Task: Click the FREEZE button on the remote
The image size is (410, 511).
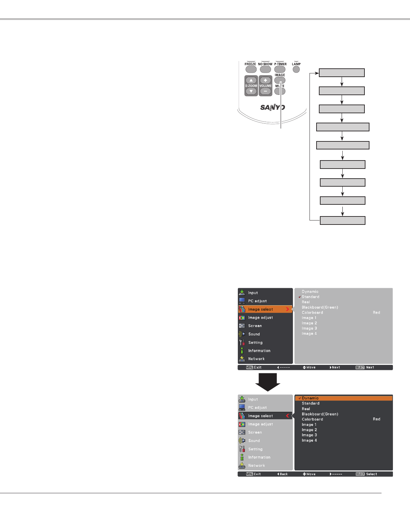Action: point(251,69)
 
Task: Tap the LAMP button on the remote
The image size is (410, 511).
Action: point(296,69)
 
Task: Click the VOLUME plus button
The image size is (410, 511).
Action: point(265,80)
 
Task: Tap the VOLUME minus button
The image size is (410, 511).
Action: point(265,91)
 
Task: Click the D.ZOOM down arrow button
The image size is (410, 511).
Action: point(251,91)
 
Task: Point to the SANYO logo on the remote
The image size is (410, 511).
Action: point(273,108)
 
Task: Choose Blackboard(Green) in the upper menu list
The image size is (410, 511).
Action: point(320,307)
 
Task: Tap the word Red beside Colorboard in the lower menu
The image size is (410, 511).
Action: point(377,419)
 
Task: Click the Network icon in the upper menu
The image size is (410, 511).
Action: point(242,359)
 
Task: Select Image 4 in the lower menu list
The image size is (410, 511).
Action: point(309,440)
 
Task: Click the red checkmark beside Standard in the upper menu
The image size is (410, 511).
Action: point(299,297)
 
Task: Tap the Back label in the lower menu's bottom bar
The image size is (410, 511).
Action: point(283,474)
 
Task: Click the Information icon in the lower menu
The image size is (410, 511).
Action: point(242,457)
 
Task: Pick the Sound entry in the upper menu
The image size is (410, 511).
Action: point(254,334)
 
